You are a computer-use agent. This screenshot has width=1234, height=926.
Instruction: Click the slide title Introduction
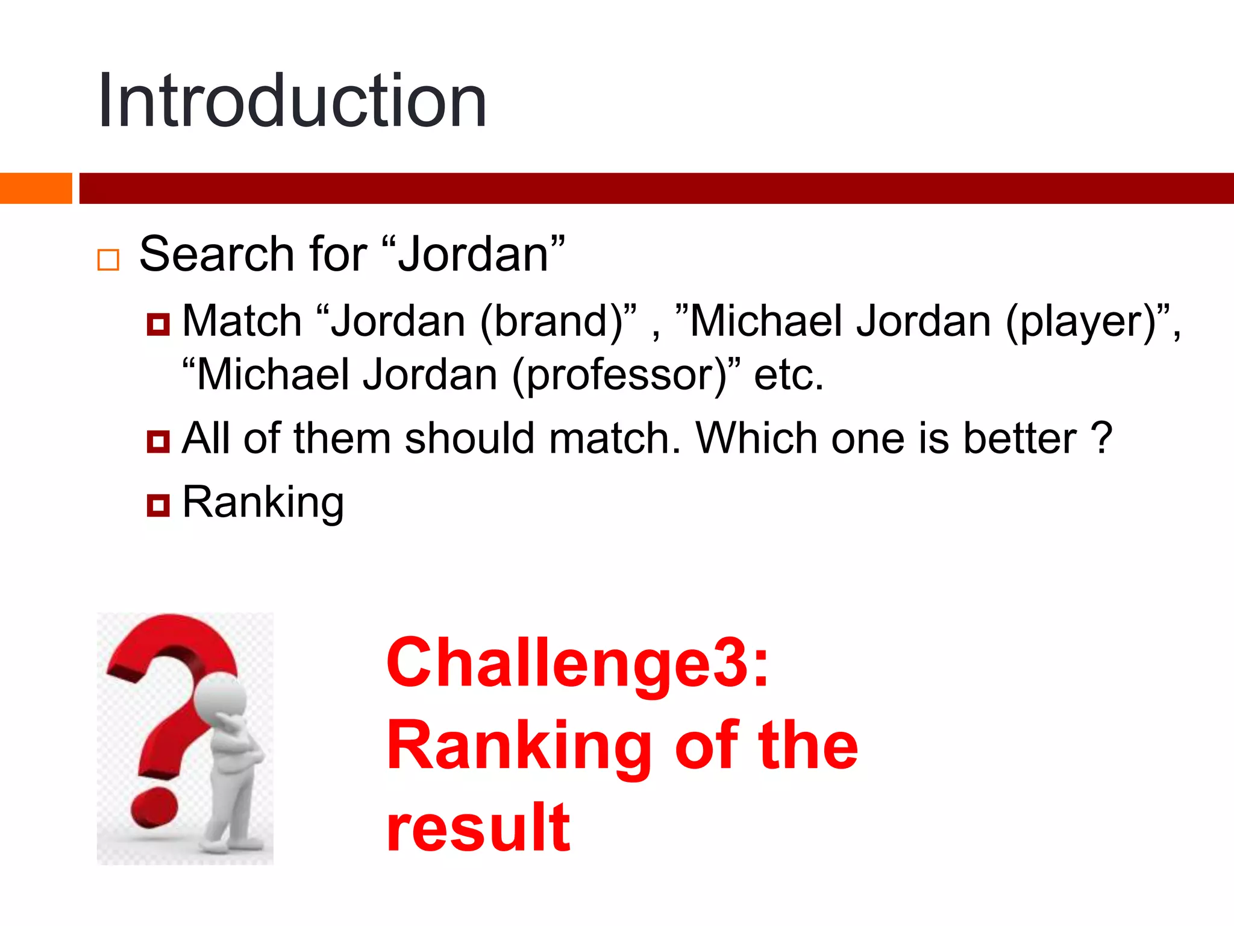292,101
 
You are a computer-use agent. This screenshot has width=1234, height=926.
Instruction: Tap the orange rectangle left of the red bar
36,188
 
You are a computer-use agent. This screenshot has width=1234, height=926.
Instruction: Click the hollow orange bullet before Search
108,260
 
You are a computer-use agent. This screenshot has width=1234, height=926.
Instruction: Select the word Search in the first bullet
216,254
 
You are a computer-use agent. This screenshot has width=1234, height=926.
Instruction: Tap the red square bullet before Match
158,325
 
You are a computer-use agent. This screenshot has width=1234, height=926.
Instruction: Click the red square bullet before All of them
158,441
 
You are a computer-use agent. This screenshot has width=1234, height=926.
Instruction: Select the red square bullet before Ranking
158,505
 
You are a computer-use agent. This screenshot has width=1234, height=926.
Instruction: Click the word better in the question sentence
1019,438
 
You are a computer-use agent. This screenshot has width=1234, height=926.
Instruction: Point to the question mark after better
1101,438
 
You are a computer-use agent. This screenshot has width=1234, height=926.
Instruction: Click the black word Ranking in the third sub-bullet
263,502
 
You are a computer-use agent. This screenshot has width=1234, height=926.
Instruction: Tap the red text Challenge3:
577,663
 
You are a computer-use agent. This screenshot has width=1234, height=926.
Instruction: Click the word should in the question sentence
470,438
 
